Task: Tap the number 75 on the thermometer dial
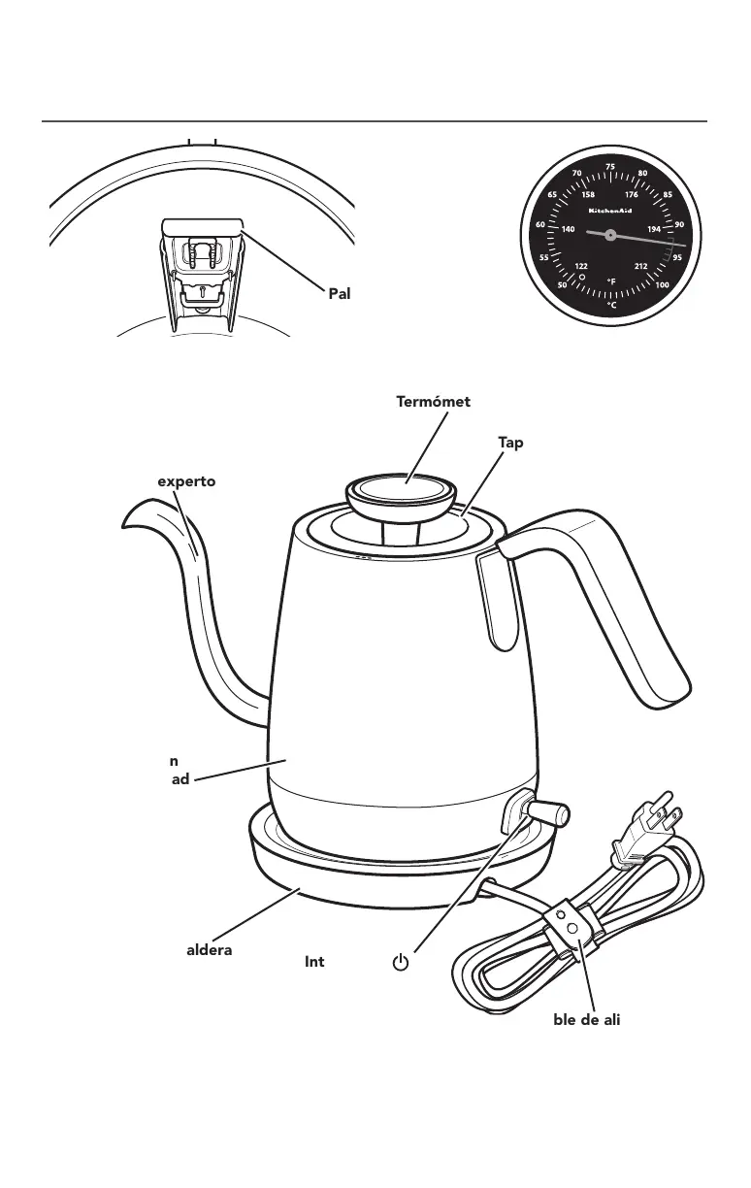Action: [609, 167]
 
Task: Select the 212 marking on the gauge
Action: [640, 266]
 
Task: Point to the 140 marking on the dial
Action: [569, 230]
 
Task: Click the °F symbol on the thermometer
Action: [611, 282]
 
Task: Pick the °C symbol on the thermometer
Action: [611, 304]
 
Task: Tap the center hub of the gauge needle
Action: [608, 235]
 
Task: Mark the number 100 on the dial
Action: [662, 285]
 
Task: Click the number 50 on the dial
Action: [561, 285]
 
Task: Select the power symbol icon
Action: [400, 963]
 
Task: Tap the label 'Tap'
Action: [511, 442]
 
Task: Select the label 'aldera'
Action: [209, 949]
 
